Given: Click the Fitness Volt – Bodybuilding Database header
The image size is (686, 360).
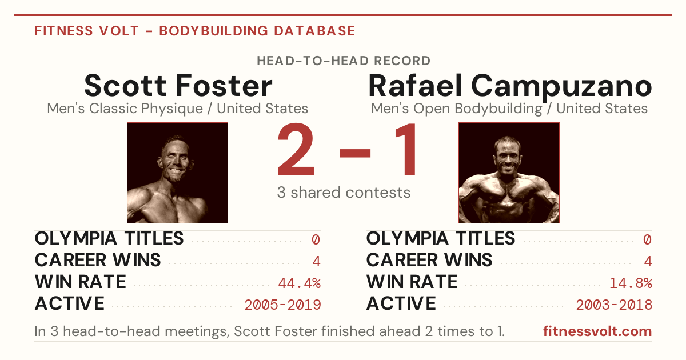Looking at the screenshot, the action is (x=195, y=31).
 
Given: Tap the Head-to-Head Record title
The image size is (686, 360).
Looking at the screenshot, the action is (x=344, y=61).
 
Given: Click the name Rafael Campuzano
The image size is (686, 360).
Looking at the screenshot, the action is (x=510, y=87).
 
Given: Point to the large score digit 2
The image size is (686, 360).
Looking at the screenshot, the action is (x=296, y=149).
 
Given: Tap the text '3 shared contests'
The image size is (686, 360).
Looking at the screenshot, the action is (x=344, y=193).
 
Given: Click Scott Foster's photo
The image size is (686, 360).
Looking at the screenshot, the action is (x=178, y=173).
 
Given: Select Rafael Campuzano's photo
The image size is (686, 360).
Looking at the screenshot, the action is (x=509, y=173).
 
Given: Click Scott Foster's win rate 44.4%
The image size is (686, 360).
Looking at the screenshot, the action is (x=300, y=283).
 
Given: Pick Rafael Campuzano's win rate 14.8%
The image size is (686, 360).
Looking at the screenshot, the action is (x=631, y=283).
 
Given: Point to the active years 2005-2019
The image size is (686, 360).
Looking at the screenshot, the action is (x=282, y=305).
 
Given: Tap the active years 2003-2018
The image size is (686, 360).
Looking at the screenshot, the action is (x=614, y=305).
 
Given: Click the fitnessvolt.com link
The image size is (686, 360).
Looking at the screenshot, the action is (x=597, y=331).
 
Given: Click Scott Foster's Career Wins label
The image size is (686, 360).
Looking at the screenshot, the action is (x=98, y=260).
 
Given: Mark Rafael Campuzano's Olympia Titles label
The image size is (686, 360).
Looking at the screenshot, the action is (x=441, y=238).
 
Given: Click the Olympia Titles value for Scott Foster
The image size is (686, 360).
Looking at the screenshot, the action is (x=316, y=239).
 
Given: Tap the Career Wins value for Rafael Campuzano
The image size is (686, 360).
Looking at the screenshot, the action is (x=648, y=261).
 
